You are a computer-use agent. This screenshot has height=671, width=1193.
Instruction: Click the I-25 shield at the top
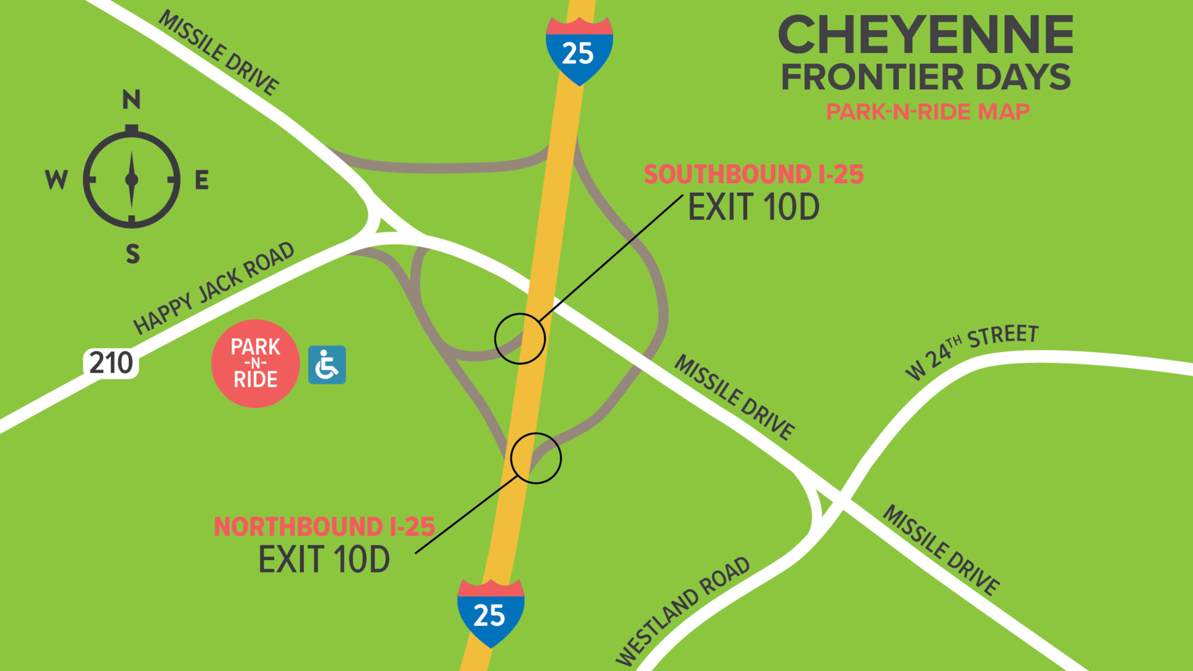pos(578,51)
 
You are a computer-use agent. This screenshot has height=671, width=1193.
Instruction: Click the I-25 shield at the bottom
pos(490,613)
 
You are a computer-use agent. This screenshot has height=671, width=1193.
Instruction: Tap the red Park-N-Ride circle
pos(255,363)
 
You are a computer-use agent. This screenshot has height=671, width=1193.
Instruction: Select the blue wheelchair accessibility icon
pos(327,365)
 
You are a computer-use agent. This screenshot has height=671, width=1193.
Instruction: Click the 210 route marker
pos(111,363)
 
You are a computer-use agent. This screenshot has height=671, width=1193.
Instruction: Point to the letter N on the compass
pos(131,100)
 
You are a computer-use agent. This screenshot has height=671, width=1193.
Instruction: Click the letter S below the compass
pos(133,254)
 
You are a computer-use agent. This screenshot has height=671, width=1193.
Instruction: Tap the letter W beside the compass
pos(57,180)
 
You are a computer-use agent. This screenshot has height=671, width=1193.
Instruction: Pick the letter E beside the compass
pos(202,180)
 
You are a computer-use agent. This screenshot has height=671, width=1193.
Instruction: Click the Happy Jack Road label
pos(214,288)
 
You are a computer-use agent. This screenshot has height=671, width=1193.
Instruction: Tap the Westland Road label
pos(683,611)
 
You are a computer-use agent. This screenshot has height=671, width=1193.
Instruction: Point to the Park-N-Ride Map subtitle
pos(927,111)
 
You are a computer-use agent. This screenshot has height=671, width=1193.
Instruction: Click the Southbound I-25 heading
pos(753,174)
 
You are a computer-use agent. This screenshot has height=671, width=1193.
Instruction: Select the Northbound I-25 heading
pos(324,526)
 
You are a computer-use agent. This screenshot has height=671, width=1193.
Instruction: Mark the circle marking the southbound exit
pos(520,339)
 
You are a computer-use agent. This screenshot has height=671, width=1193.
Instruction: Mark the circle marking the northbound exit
pos(536,458)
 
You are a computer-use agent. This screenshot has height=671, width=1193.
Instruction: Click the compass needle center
pos(132,180)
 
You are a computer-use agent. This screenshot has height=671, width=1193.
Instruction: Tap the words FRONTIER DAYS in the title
pos(926,78)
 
